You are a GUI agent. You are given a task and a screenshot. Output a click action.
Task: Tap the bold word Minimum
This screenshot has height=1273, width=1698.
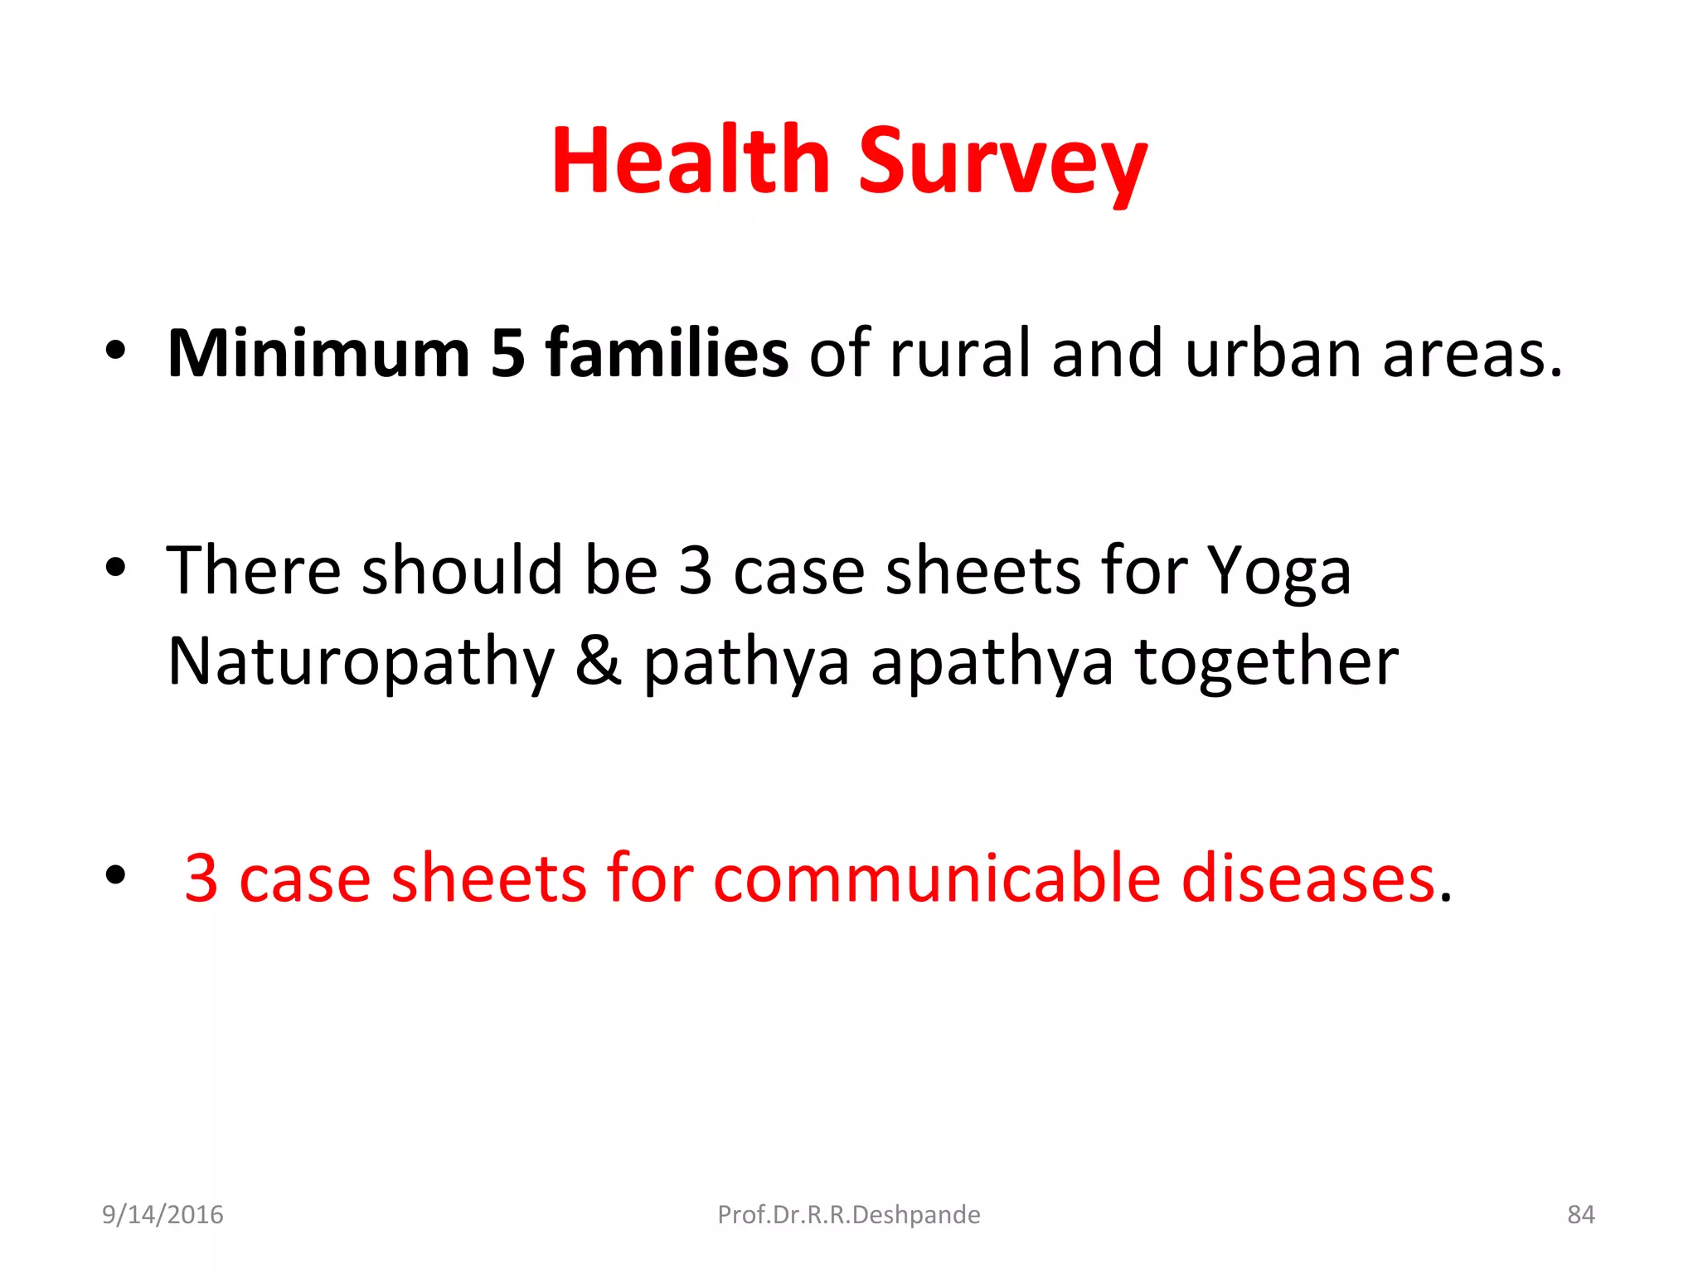coord(318,354)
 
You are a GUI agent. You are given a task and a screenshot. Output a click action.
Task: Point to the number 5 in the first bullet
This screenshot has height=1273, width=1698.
coord(507,355)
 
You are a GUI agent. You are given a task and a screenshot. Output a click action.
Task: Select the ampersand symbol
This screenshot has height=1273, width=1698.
coord(598,661)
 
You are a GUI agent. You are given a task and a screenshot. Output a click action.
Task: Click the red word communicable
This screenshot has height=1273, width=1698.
coord(936,879)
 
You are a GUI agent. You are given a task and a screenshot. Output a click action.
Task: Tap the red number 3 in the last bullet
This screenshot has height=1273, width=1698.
coord(201,879)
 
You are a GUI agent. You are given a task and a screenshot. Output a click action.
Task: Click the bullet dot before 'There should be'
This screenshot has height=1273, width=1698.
coord(115,570)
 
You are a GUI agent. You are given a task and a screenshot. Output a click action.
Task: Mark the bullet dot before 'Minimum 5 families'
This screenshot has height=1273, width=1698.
coord(115,351)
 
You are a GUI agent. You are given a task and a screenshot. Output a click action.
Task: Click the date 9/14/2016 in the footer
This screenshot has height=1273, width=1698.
coord(163,1215)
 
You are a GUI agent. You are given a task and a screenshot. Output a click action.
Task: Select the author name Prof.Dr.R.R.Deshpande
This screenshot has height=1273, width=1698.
coord(848,1215)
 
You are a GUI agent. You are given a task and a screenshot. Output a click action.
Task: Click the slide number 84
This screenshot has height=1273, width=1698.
coord(1580,1215)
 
